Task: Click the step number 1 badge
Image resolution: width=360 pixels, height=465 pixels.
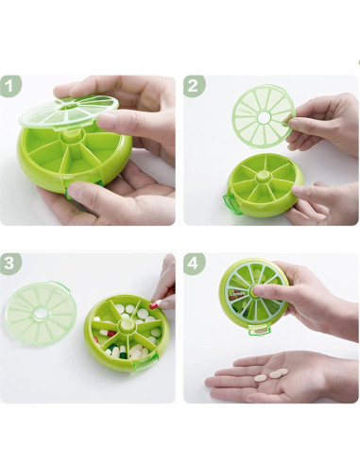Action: point(10,86)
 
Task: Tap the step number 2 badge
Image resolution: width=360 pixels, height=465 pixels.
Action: point(194,86)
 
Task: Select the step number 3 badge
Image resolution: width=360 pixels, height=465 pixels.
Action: point(10,264)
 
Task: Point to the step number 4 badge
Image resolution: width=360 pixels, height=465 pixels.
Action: point(194,264)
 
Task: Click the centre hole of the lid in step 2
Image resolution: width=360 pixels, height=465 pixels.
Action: point(264,117)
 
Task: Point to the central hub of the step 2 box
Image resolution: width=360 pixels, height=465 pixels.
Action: point(264,176)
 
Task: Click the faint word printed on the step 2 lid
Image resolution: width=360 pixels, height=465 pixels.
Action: point(244,112)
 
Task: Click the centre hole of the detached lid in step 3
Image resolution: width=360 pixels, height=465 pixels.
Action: point(41,313)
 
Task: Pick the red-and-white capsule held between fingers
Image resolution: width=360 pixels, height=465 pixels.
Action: point(155,304)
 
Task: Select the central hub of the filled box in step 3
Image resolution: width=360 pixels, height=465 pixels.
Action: point(127,325)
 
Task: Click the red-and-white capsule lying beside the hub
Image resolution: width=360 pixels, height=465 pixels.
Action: point(108,333)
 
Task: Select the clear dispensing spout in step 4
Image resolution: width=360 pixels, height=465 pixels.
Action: point(259,329)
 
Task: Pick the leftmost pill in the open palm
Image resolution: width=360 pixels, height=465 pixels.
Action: point(261,377)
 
